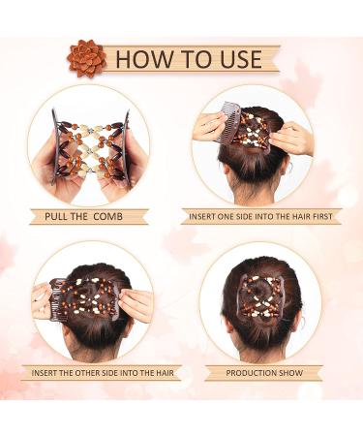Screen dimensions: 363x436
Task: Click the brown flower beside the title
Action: [x=86, y=58]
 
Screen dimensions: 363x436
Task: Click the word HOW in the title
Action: [x=144, y=59]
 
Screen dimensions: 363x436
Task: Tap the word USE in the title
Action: [x=236, y=59]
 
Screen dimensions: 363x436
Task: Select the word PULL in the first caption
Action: [x=56, y=216]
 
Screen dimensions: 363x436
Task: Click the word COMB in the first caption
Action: [x=107, y=216]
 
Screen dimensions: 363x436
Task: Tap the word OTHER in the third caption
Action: [x=87, y=373]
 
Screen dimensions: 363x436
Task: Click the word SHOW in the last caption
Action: [x=292, y=373]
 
